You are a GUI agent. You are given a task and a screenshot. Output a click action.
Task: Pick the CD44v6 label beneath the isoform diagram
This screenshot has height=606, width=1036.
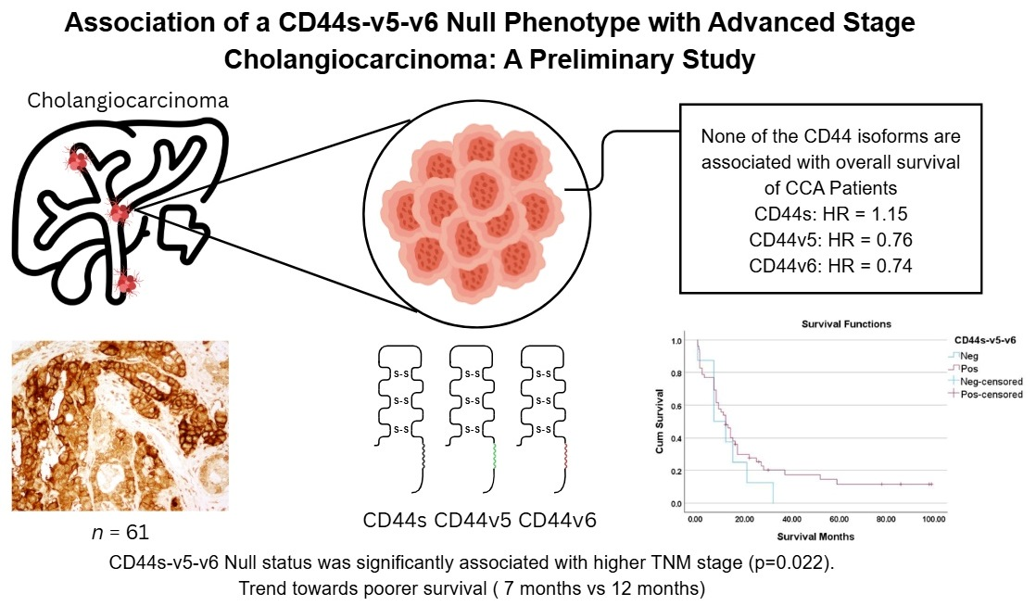pyautogui.click(x=558, y=520)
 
